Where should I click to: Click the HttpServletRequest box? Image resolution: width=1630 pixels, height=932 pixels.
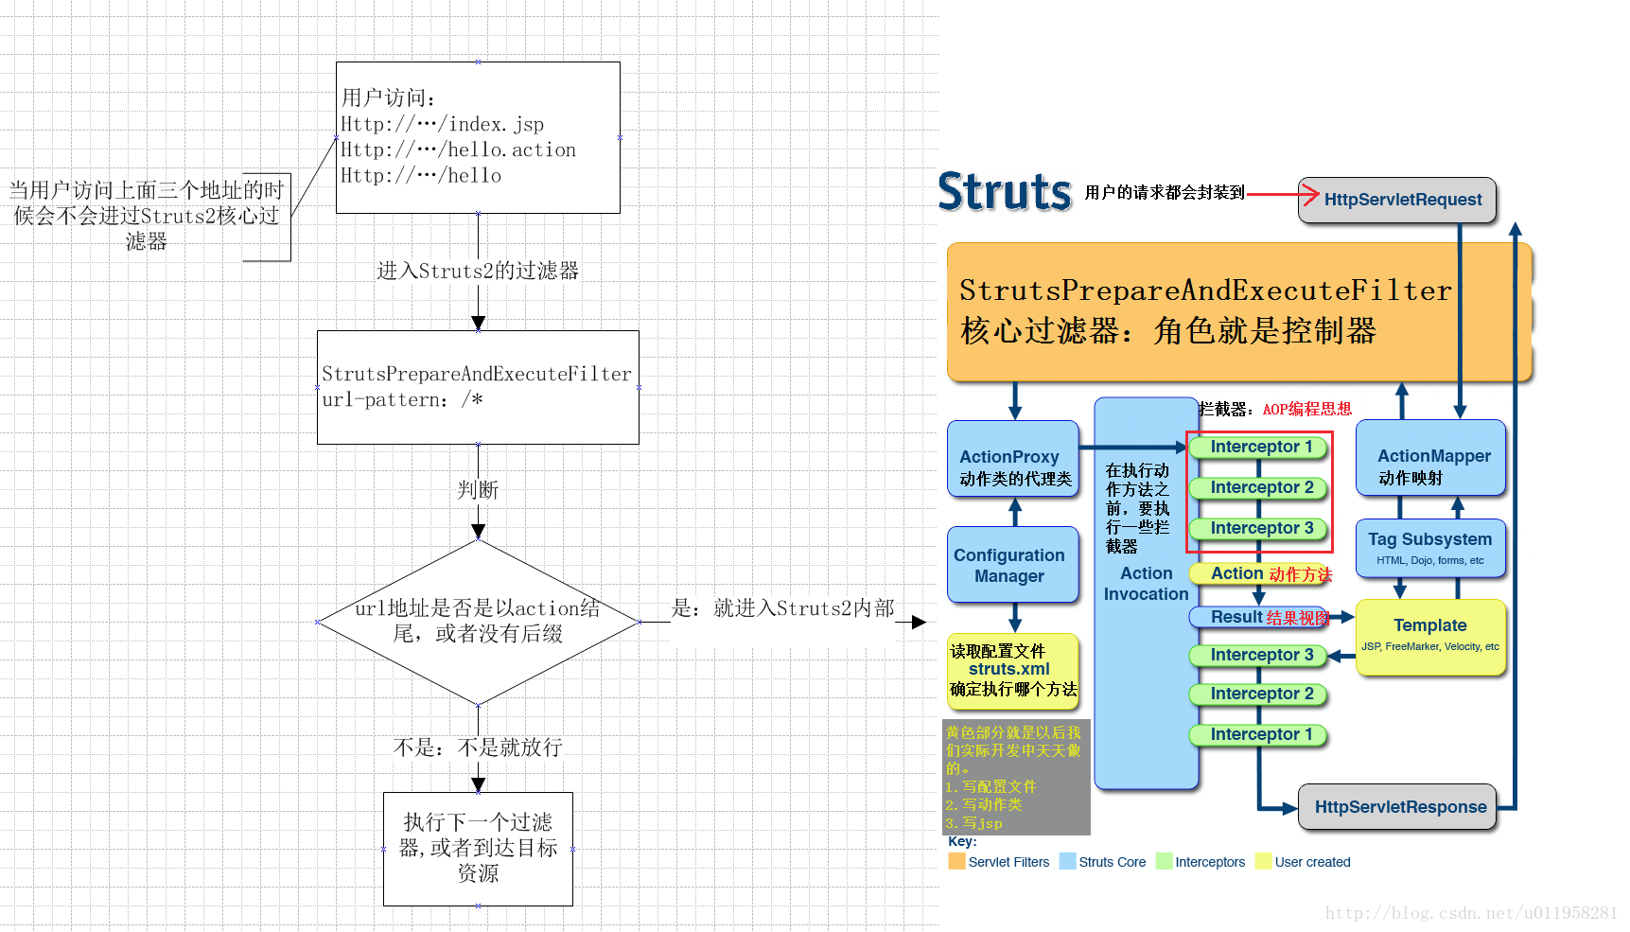1396,200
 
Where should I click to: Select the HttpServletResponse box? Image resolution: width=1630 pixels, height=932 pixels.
1396,807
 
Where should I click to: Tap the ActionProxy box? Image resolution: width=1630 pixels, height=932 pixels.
1012,459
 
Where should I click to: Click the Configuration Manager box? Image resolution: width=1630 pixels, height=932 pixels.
1012,565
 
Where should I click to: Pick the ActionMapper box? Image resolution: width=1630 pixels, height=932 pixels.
1429,458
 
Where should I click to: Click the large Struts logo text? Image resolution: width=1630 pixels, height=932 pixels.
1004,192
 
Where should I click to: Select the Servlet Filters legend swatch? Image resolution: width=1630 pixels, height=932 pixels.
956,861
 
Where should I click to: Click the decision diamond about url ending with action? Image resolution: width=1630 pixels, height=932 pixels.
478,622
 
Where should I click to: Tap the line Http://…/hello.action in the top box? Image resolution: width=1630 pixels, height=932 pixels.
458,149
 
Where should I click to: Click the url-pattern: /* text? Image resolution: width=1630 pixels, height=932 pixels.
402,400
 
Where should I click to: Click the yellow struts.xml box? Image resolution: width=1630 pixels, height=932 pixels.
1012,670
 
